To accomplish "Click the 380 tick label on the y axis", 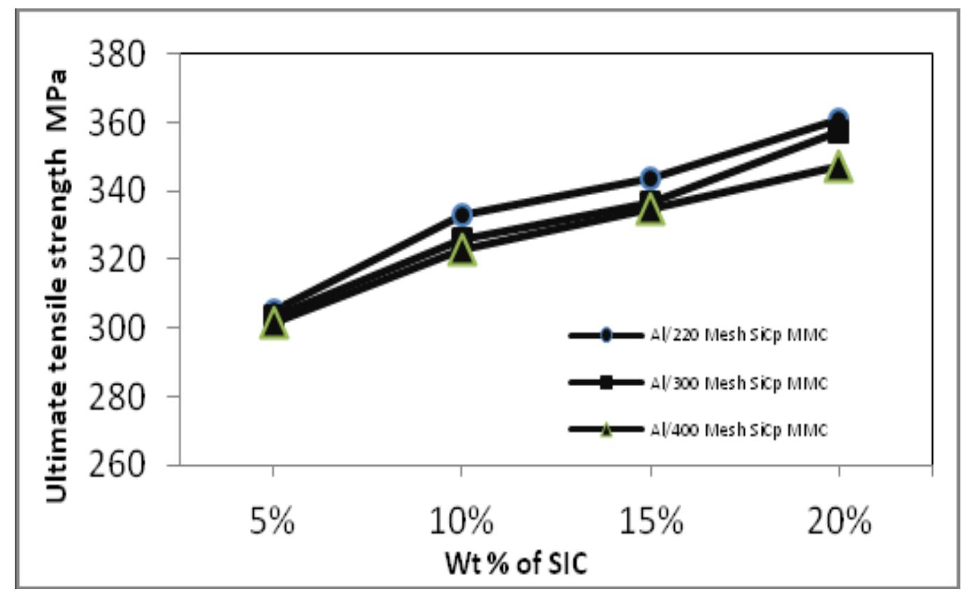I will [117, 54].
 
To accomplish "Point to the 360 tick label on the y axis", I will [117, 122].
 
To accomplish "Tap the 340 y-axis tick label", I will [117, 190].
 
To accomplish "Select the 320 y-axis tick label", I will [117, 259].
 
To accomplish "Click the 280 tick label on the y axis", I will [117, 396].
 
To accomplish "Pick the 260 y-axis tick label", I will [117, 464].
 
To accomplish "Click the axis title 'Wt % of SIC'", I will [517, 563].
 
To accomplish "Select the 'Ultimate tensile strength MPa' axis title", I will [59, 285].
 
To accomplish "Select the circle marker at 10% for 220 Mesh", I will [462, 215].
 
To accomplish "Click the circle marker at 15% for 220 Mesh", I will [650, 178].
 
